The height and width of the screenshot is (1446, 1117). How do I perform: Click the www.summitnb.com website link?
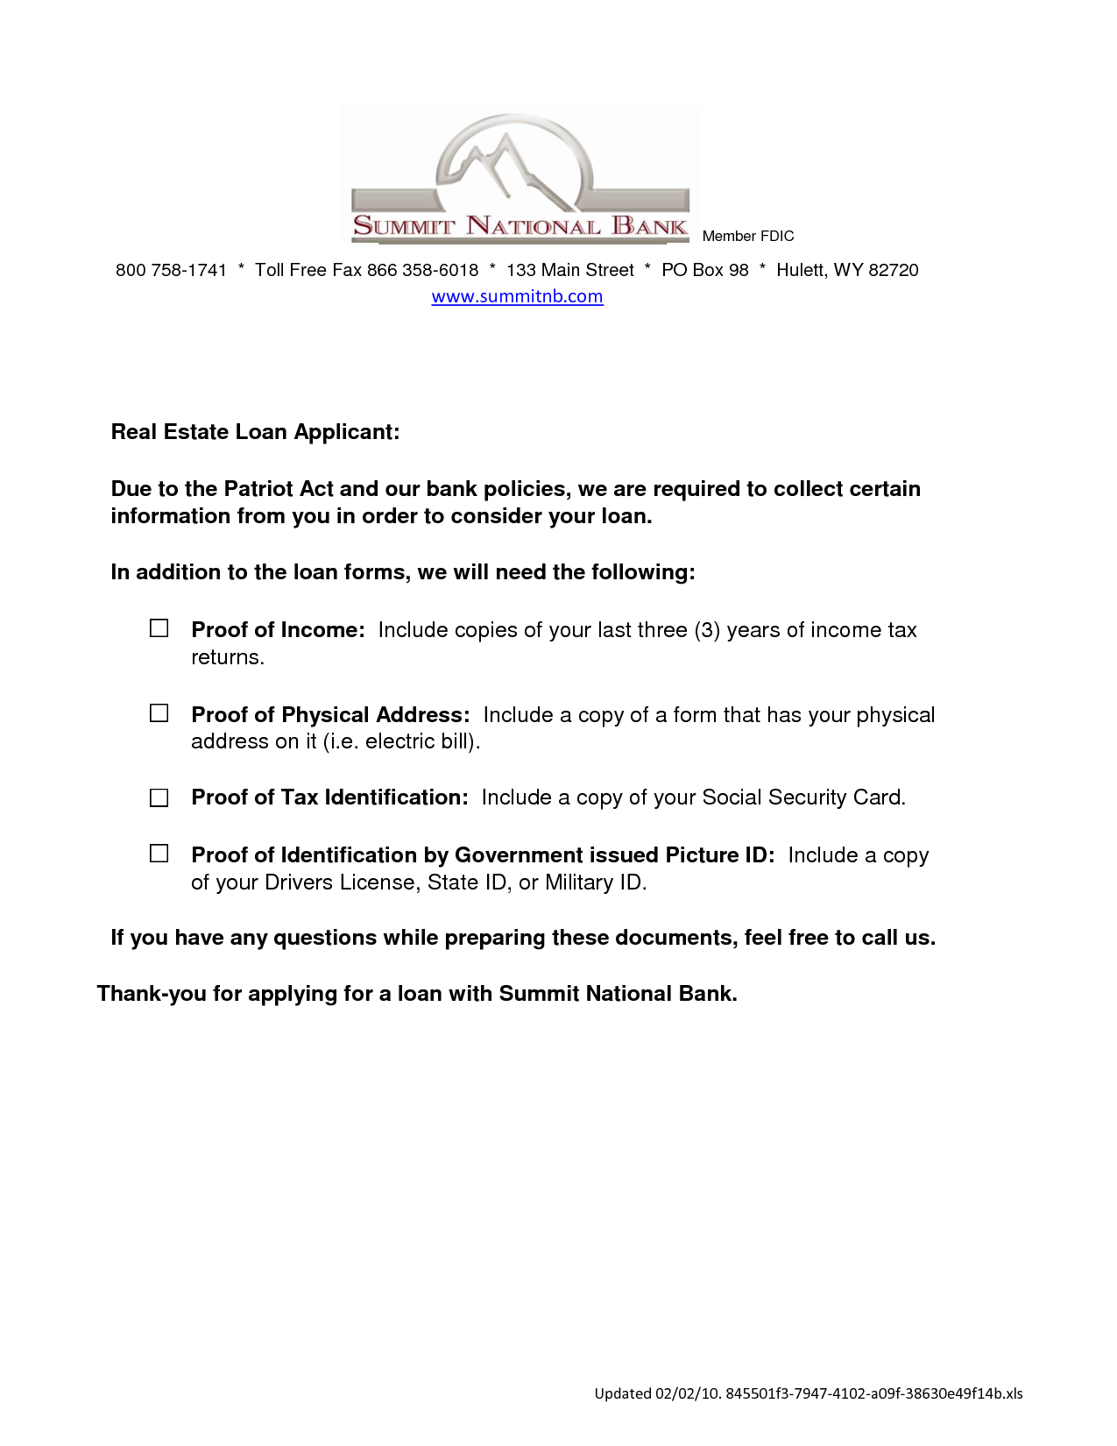[517, 296]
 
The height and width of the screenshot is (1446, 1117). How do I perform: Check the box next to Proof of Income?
[159, 628]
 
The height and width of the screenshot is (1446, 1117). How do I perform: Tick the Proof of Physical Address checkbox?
[159, 713]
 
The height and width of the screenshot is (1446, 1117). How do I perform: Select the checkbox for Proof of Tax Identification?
[159, 797]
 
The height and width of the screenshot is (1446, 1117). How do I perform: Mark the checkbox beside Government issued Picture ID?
[159, 854]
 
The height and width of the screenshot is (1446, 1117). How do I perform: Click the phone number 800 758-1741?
[171, 270]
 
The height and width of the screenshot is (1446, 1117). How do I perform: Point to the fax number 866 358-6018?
[422, 270]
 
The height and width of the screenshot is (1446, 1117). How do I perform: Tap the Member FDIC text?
[747, 236]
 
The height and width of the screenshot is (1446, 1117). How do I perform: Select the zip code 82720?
[893, 270]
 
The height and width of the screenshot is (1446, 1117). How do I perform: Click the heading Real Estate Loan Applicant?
[255, 432]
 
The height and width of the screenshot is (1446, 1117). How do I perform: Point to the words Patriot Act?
[279, 489]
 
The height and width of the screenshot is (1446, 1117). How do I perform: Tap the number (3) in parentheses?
[707, 630]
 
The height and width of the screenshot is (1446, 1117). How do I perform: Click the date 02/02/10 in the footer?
[688, 1393]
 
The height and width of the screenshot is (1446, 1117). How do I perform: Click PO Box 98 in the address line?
[704, 270]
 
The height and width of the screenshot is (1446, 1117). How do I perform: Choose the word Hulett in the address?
[801, 270]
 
